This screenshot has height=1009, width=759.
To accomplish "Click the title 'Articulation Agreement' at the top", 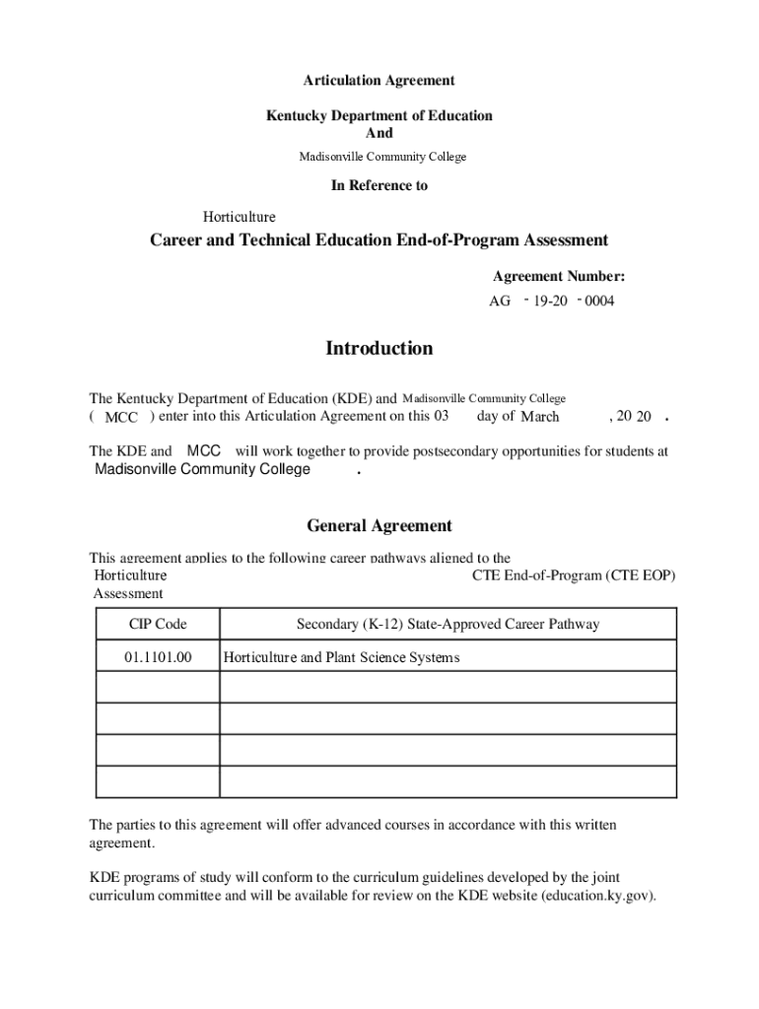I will point(379,81).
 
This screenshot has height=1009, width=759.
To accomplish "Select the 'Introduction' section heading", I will point(379,349).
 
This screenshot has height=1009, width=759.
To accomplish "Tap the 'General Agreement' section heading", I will point(379,526).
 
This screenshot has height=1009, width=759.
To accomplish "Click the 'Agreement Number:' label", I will point(559,277).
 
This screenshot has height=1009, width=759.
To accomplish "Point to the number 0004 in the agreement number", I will point(598,302).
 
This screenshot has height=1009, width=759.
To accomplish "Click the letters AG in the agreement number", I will point(500,302).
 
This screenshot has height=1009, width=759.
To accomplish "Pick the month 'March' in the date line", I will point(540,417).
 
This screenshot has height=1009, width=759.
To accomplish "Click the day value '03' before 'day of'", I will point(442,416).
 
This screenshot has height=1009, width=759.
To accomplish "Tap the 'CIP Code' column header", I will point(158,624).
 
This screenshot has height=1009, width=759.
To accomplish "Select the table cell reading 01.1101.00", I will point(158,657).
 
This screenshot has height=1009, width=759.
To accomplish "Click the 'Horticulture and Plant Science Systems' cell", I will point(342,657).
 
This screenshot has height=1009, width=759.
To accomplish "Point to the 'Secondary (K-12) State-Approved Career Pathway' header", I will point(448,624).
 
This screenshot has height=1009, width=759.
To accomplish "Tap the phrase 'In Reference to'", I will point(379,185).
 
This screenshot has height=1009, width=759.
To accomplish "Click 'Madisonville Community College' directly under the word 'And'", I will point(382,157).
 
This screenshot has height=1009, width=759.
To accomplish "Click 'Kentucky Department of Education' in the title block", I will point(379,115).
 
